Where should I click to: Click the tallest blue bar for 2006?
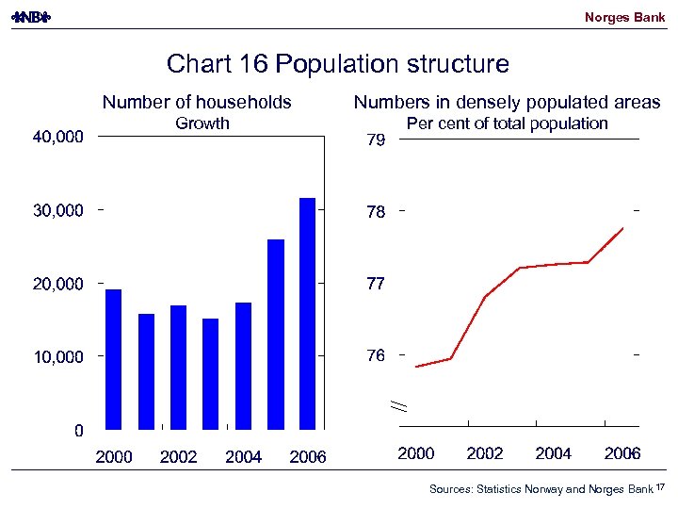coord(307,313)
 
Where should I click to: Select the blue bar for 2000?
coord(113,358)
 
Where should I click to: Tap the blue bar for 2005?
coord(275,334)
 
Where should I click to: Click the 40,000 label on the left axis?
coord(57,137)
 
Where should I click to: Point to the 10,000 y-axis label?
coord(57,357)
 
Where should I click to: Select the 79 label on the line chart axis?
coord(376,140)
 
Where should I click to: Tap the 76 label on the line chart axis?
coord(376,355)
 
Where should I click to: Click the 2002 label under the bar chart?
coord(179,457)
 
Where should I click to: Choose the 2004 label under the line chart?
coord(554,453)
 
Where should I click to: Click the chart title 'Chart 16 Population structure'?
coord(337,64)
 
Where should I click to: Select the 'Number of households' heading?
coord(197,102)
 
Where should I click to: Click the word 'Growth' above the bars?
coord(202,123)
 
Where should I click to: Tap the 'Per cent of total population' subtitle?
coord(507,123)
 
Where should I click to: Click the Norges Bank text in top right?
coord(624,17)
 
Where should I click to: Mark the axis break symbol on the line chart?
coord(399,405)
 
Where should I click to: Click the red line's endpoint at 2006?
coord(623,228)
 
